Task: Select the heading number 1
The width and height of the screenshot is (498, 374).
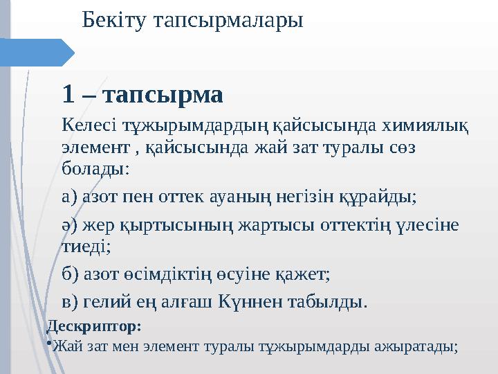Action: click(68, 92)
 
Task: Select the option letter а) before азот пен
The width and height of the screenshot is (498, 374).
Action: click(68, 197)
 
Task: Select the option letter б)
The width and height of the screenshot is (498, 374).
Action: click(69, 274)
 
